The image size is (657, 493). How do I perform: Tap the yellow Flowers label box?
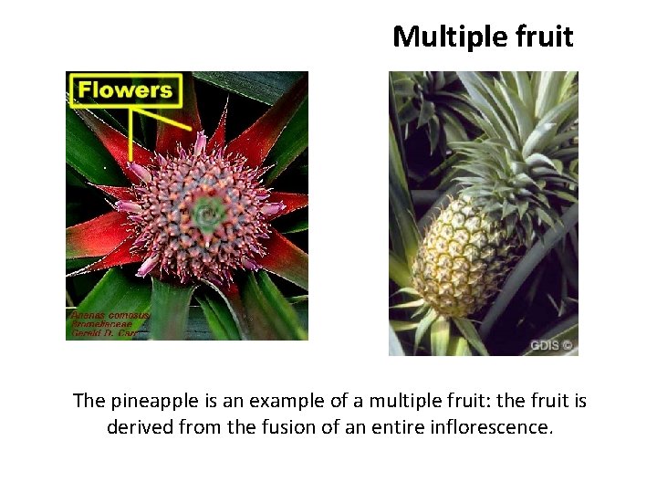(125, 90)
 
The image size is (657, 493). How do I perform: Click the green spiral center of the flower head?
(208, 215)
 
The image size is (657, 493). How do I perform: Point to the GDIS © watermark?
(552, 345)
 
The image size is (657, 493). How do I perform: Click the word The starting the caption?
(89, 401)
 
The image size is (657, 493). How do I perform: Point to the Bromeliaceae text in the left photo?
(102, 323)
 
